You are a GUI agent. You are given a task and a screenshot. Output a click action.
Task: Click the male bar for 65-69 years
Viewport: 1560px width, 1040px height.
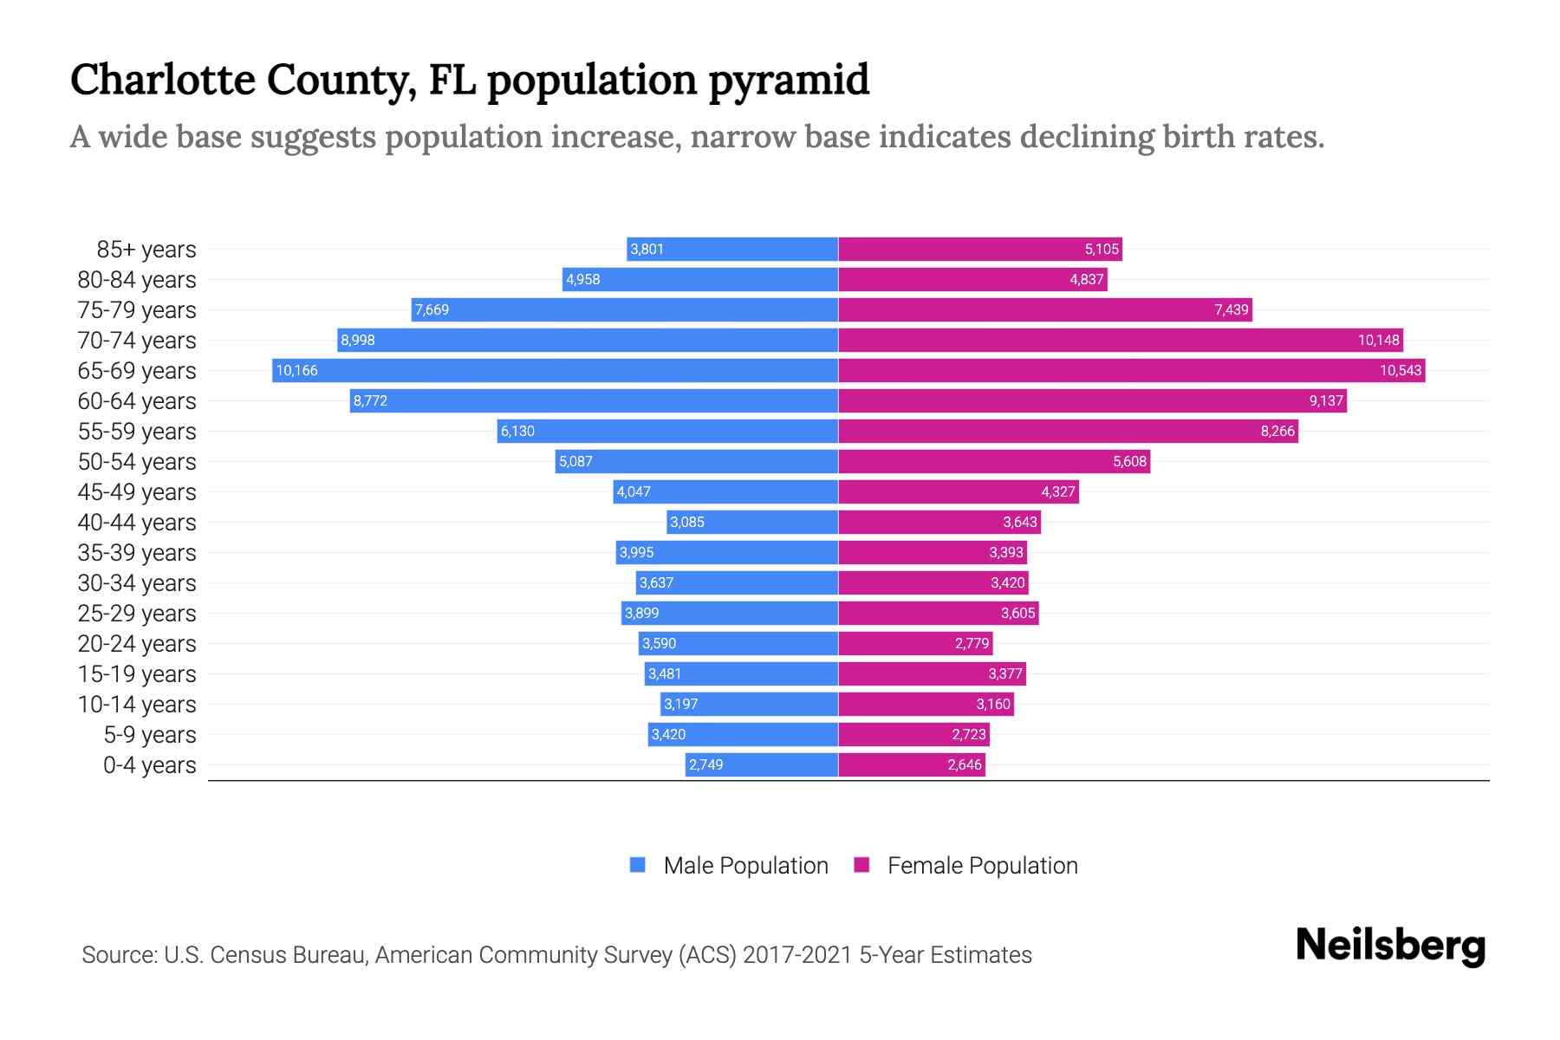click(555, 371)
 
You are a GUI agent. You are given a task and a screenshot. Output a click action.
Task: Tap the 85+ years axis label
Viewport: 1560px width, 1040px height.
click(146, 250)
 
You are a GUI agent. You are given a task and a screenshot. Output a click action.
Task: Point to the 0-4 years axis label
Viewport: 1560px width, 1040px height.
click(149, 765)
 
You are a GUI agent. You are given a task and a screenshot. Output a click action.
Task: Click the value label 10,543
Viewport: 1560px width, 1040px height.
click(1400, 371)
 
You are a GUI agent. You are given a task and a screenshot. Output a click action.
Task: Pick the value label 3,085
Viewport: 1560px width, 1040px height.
click(686, 523)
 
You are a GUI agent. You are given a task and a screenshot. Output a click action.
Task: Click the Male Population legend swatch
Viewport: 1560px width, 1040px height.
click(638, 865)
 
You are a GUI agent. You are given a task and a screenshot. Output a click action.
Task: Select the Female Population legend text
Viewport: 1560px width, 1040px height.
click(982, 866)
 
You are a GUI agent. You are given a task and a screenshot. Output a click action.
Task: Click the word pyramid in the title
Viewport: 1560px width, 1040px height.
click(789, 80)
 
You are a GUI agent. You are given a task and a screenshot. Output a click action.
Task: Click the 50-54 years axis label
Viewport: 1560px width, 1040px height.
click(137, 462)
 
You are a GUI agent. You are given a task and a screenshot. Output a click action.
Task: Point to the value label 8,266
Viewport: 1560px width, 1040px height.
click(1277, 432)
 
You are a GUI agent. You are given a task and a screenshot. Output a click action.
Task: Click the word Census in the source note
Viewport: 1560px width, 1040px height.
click(247, 955)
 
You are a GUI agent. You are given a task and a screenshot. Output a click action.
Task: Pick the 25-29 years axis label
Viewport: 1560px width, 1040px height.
click(137, 614)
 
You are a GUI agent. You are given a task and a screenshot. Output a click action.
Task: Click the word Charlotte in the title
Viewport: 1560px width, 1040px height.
click(163, 80)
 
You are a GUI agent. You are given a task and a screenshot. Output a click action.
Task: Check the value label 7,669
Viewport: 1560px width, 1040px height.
click(432, 310)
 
